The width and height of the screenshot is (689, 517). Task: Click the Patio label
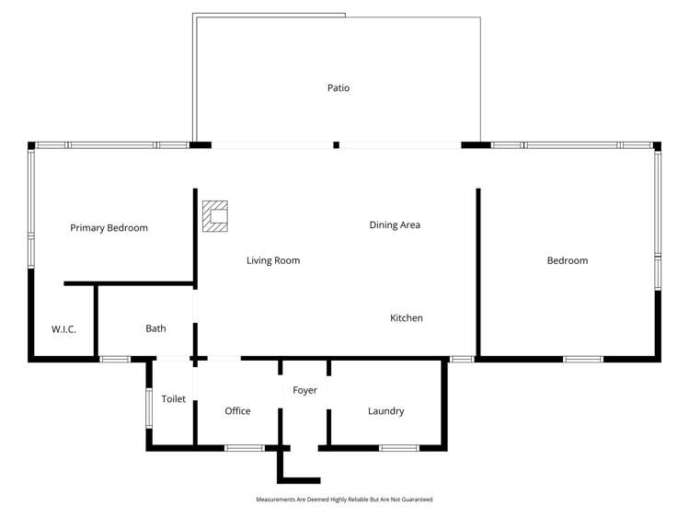tap(339, 88)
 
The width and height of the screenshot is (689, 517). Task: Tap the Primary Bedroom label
tap(109, 228)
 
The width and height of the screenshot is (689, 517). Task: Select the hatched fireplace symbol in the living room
tap(215, 217)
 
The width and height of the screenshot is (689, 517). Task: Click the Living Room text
tap(273, 260)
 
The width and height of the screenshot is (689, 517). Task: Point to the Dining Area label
tap(395, 224)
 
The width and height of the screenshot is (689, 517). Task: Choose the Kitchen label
tap(407, 318)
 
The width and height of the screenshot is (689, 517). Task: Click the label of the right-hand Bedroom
tap(567, 260)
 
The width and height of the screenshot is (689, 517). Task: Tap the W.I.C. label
tap(63, 328)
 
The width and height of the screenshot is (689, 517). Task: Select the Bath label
tap(155, 328)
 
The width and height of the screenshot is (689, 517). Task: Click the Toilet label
tap(174, 399)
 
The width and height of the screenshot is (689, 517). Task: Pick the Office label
tap(237, 411)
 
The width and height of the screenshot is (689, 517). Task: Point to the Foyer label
tap(304, 391)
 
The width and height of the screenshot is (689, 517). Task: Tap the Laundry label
tap(385, 411)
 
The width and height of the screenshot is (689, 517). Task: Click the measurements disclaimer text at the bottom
tap(344, 500)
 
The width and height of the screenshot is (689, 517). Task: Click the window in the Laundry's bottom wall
tap(399, 448)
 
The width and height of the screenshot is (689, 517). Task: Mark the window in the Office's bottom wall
tap(245, 448)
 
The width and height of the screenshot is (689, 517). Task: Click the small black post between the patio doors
tap(336, 144)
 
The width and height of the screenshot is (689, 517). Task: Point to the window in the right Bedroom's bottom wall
tap(583, 359)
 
